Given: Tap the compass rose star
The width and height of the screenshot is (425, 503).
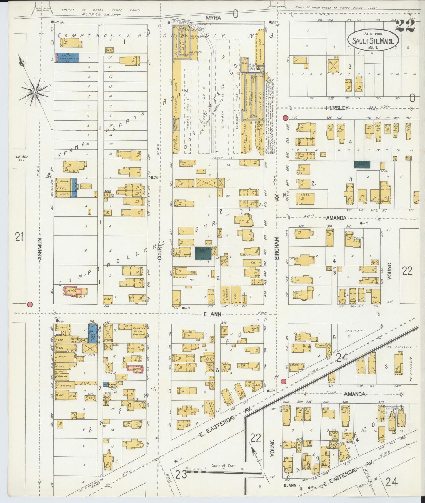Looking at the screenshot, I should pos(35,92).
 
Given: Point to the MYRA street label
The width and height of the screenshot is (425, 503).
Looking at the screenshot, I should pos(213,18).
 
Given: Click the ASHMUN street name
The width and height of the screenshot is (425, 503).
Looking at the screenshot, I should pos(40,249).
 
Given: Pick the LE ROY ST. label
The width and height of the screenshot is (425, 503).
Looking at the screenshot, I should pos(22,158).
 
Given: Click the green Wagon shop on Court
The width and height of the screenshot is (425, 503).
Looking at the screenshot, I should pos(203,253).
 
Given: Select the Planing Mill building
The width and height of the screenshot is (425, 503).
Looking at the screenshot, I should pos(182,43).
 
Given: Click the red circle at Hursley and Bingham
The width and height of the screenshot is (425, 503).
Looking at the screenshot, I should pos(285,118).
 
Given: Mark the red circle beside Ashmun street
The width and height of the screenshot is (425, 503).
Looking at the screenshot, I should pos(29,304).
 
